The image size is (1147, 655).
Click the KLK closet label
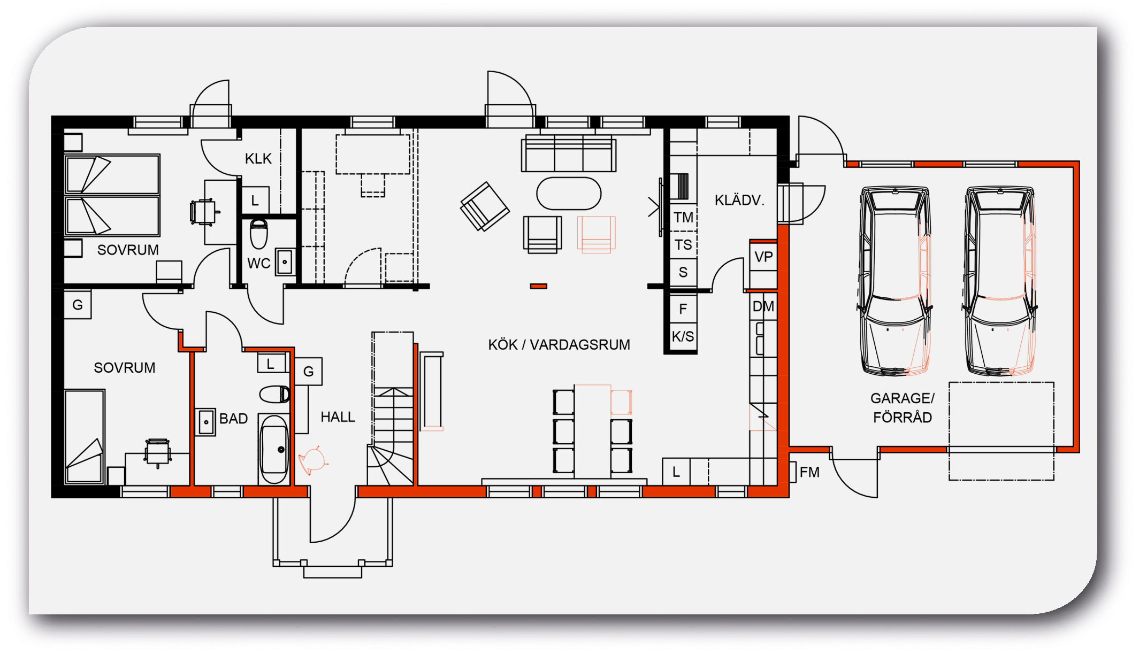point(258,159)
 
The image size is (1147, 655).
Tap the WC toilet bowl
point(259,234)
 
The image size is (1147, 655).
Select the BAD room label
point(234,419)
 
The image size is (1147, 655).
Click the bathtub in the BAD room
point(274,449)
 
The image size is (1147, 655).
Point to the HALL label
point(338,417)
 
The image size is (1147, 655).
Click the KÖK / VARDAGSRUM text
point(559,345)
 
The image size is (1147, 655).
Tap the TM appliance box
point(683,218)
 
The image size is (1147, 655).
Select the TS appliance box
point(683,245)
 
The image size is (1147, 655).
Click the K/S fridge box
point(683,336)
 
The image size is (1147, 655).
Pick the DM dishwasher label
point(763,306)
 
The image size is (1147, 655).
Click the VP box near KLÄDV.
point(763,257)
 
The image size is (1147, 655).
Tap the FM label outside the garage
point(809,472)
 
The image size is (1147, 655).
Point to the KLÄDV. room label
point(739,201)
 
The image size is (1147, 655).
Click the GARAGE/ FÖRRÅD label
point(903,408)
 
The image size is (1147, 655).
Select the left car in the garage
point(894,280)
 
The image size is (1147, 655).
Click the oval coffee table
point(569,194)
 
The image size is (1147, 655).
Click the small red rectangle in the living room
point(539,287)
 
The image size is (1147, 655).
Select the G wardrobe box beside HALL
point(309,371)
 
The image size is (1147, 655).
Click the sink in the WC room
point(285,262)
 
